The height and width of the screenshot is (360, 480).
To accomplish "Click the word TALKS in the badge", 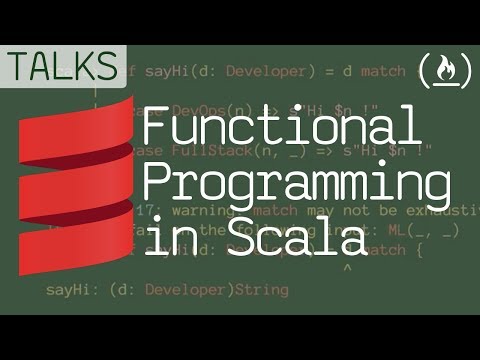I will coord(63,66).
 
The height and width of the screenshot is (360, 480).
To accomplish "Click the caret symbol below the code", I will coord(346,268).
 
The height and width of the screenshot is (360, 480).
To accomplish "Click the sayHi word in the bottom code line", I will coord(67,290).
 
